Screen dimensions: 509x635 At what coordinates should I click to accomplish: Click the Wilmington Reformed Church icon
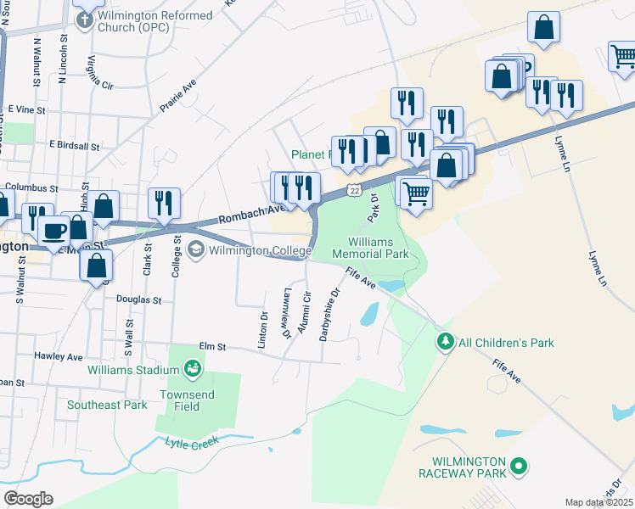click(x=84, y=19)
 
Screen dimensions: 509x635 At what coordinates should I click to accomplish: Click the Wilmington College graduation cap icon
click(x=196, y=249)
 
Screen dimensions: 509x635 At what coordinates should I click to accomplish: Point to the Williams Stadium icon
click(x=193, y=369)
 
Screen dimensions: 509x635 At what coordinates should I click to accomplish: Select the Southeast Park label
click(x=107, y=405)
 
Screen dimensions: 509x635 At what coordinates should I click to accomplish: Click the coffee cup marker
click(x=55, y=229)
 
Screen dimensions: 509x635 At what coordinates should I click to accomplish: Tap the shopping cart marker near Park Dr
click(x=416, y=192)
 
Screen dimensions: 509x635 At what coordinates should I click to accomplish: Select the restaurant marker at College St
click(x=164, y=202)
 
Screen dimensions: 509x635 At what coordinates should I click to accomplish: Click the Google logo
click(x=28, y=499)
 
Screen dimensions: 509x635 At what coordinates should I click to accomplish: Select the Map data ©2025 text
click(x=598, y=502)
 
